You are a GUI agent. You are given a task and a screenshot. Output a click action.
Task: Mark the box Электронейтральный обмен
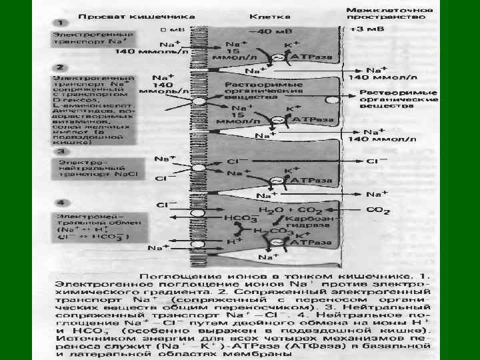pos(93,227)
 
